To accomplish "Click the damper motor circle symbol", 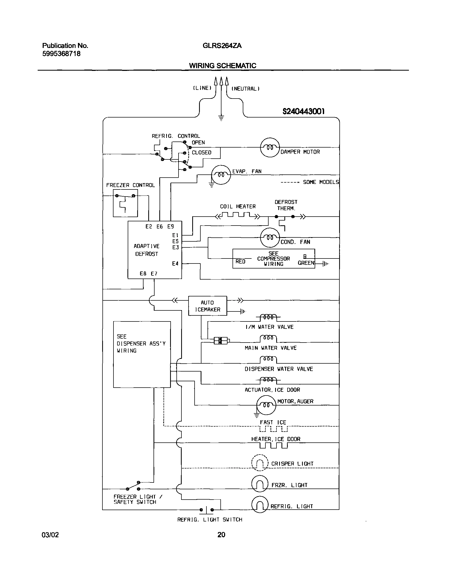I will click(x=270, y=148).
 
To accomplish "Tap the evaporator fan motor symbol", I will click(x=221, y=175).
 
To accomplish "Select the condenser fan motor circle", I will click(x=270, y=238).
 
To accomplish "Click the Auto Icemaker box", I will click(x=207, y=306).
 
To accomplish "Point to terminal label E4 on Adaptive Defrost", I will click(x=175, y=263).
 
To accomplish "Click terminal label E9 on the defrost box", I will click(x=171, y=227).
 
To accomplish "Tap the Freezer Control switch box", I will click(x=125, y=203).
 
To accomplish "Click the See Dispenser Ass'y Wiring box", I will click(x=142, y=354).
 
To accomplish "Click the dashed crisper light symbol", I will click(x=260, y=463).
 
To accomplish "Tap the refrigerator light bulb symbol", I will click(x=260, y=505).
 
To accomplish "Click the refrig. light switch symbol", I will click(x=206, y=510).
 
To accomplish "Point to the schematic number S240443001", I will click(x=303, y=111).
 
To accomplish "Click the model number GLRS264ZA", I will click(x=222, y=46).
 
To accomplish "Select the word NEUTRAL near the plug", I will click(x=245, y=89).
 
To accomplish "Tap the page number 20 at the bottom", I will click(x=221, y=535).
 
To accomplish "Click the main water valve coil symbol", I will click(x=268, y=338).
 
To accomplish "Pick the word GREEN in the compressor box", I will click(x=306, y=263).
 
